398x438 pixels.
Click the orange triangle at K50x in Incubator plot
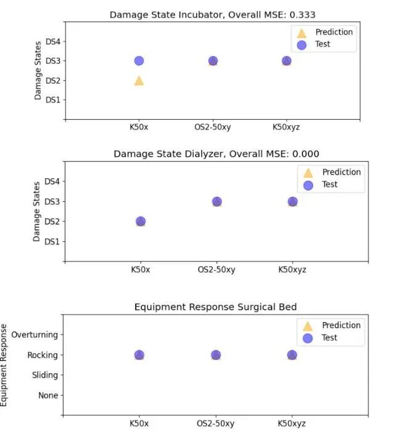(139, 81)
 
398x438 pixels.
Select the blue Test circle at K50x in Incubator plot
(139, 61)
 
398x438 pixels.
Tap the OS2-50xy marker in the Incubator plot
(213, 61)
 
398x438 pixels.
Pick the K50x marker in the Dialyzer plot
(141, 221)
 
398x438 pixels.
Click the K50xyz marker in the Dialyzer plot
(292, 202)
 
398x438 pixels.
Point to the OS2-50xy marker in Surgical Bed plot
(216, 355)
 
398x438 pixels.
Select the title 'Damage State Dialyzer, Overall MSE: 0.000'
(216, 154)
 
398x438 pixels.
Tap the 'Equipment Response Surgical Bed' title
(215, 307)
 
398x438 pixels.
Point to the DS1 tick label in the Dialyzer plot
(51, 241)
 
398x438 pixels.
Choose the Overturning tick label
(35, 335)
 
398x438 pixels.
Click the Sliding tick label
(44, 375)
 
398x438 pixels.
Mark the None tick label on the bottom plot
(48, 395)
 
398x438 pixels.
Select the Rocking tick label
(43, 355)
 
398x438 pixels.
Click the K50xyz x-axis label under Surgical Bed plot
(292, 424)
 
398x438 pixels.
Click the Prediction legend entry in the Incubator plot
(334, 32)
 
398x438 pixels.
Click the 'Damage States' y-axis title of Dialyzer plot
(38, 211)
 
